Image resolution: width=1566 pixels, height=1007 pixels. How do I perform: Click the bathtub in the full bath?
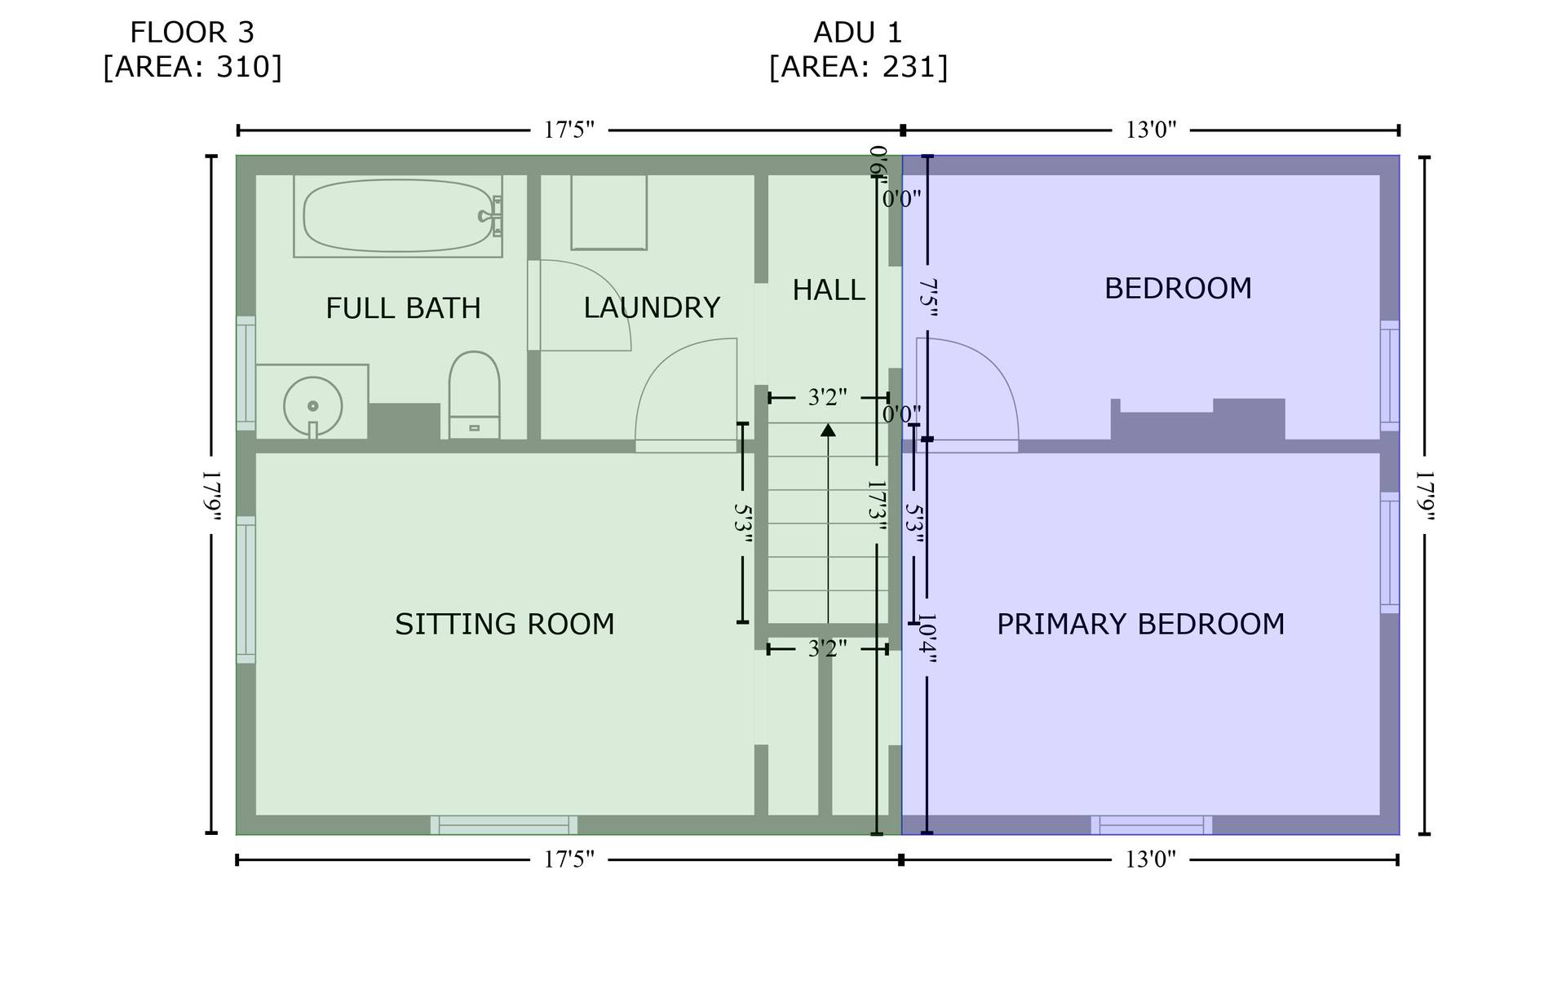398,216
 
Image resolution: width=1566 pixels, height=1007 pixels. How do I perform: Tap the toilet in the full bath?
474,395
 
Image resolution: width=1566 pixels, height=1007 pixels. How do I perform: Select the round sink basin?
312,406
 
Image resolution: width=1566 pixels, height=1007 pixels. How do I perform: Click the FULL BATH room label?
403,308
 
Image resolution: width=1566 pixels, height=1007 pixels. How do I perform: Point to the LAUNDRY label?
652,307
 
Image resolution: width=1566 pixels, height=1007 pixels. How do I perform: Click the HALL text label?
829,289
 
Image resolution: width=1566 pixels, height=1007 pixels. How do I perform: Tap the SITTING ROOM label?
505,624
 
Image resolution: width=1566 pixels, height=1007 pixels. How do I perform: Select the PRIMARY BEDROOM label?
1140,624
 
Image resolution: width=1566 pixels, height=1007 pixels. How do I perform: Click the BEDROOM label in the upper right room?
1178,288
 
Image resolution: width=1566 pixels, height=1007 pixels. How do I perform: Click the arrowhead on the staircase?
828,429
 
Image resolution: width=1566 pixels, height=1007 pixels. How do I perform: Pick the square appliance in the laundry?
609,212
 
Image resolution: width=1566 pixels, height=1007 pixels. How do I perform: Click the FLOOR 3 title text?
192,33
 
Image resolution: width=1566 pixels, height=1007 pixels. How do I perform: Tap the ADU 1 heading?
858,33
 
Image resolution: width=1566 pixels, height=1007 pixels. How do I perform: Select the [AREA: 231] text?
858,67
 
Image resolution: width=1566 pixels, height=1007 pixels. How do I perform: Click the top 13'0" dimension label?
1151,130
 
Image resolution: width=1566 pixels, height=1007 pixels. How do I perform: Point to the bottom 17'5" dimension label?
569,859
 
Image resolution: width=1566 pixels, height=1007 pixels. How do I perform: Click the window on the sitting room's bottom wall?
504,825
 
